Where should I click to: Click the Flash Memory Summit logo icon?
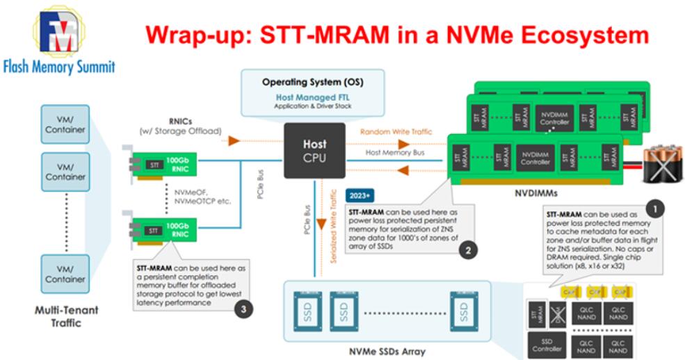coord(58,31)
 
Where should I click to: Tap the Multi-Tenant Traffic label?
coord(67,316)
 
